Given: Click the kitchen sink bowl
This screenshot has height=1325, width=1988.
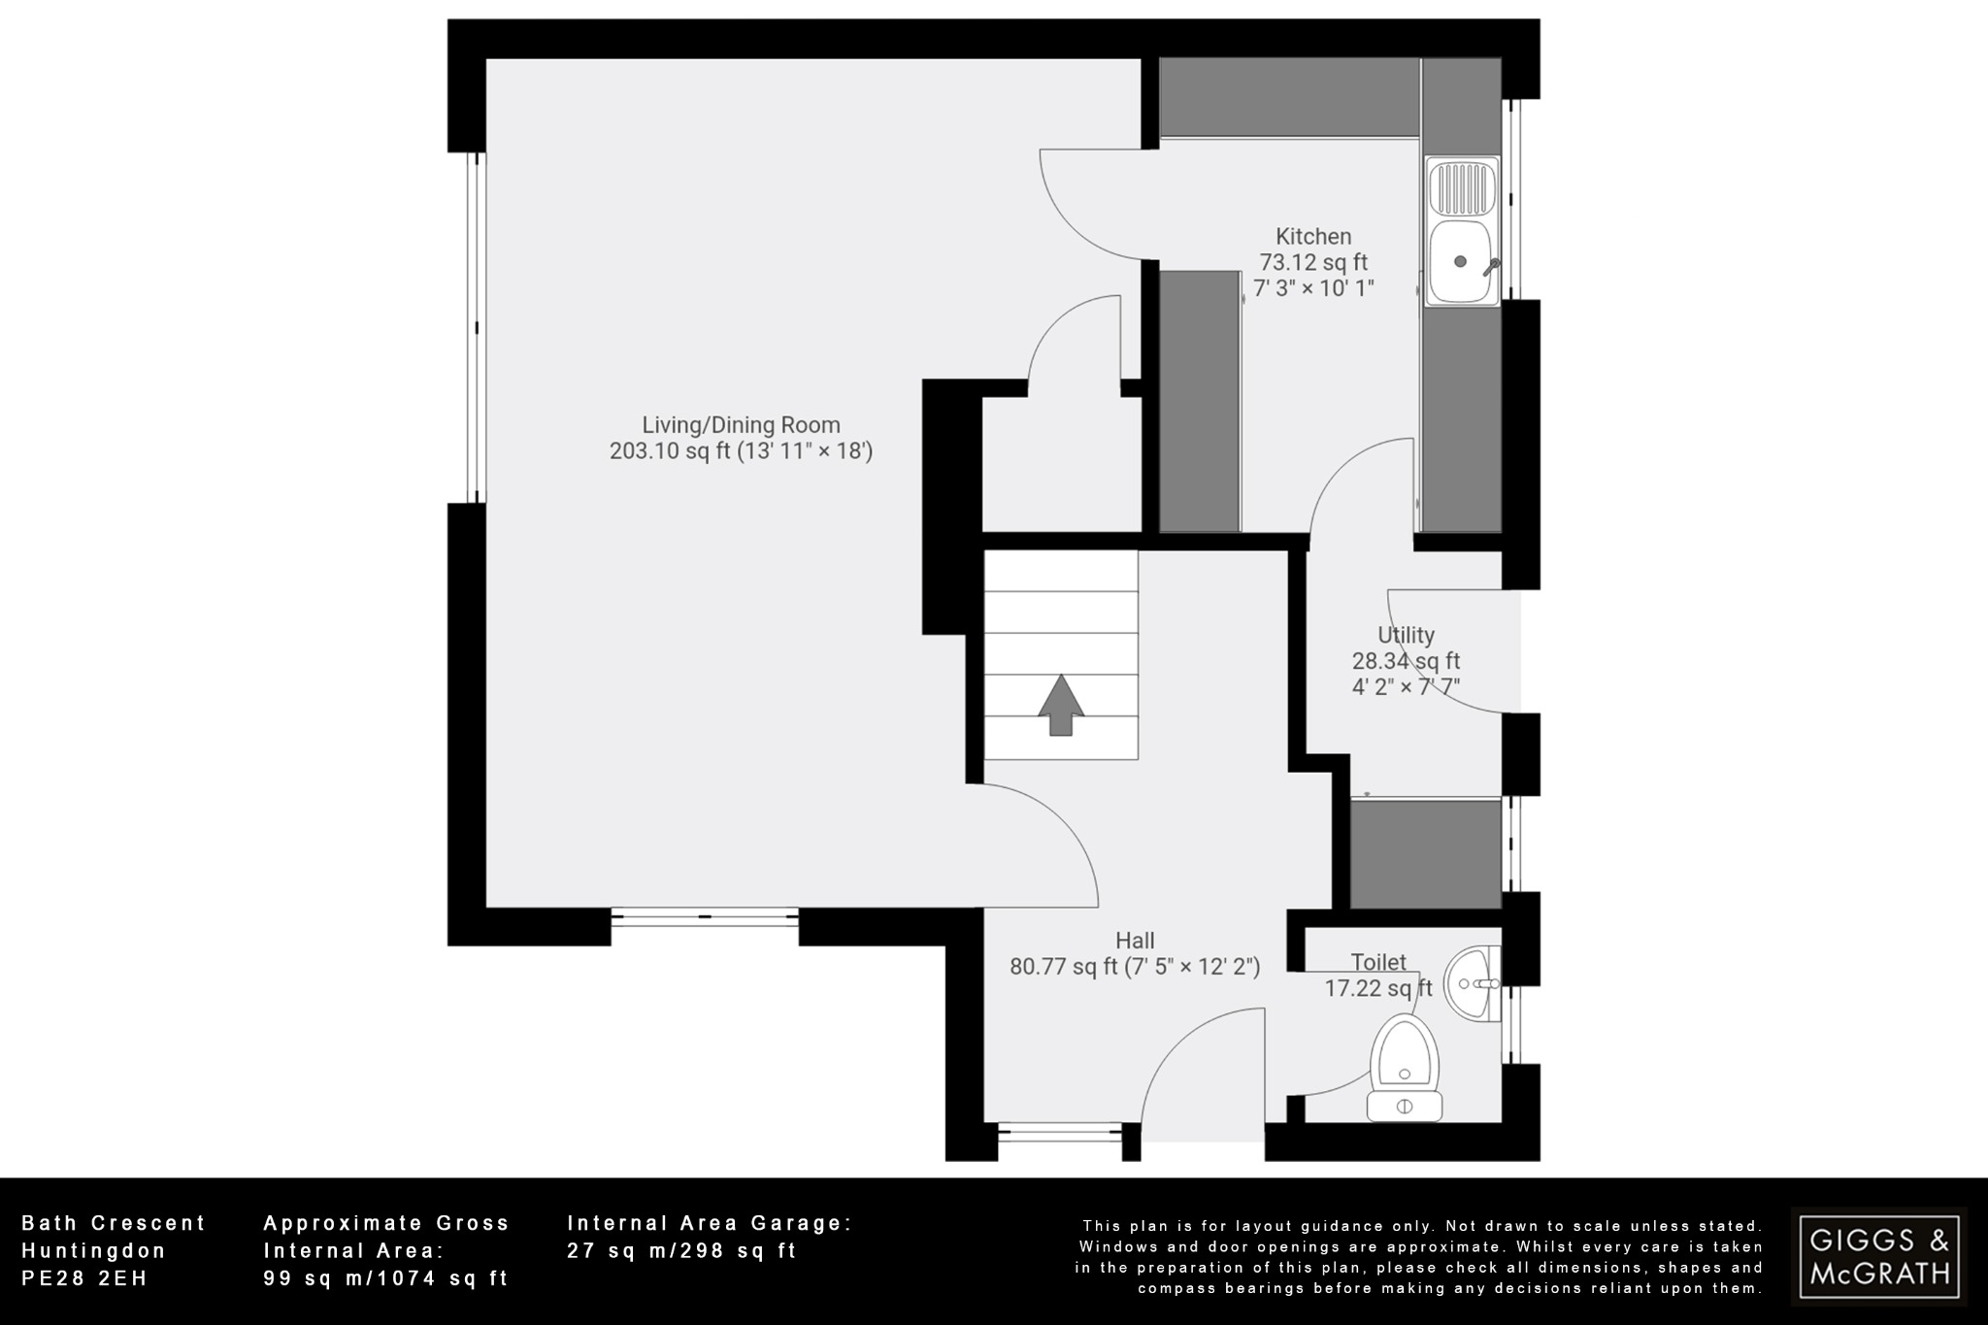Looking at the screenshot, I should (x=1461, y=261).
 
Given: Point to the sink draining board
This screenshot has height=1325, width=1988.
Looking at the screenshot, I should (x=1461, y=188).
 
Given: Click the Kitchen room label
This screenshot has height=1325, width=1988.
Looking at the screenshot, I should (x=1312, y=236).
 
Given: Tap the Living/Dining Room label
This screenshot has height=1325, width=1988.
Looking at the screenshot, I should (x=741, y=424).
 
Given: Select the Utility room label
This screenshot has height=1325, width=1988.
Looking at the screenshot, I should (x=1406, y=635).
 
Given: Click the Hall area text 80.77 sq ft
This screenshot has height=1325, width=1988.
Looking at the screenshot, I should (x=1063, y=967).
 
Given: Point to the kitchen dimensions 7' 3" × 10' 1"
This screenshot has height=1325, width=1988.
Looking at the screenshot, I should (x=1312, y=288).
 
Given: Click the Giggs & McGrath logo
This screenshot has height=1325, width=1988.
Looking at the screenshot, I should (x=1879, y=1256).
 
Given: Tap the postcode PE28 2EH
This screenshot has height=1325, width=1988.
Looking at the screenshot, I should (x=84, y=1278).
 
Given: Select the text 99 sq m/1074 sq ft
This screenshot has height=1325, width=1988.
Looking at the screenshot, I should (x=385, y=1278).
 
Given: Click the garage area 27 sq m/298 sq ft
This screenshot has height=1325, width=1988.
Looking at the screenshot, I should (x=680, y=1251).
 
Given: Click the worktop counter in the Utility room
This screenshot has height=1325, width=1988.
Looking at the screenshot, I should (x=1425, y=853).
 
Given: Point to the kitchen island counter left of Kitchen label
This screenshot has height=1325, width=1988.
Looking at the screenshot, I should (x=1200, y=401).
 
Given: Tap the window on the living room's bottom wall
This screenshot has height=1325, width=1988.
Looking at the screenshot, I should (x=705, y=916).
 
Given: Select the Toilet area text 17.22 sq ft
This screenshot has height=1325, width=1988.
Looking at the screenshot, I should (x=1378, y=988).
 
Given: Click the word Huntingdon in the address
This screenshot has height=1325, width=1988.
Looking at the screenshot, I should (x=94, y=1251).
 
